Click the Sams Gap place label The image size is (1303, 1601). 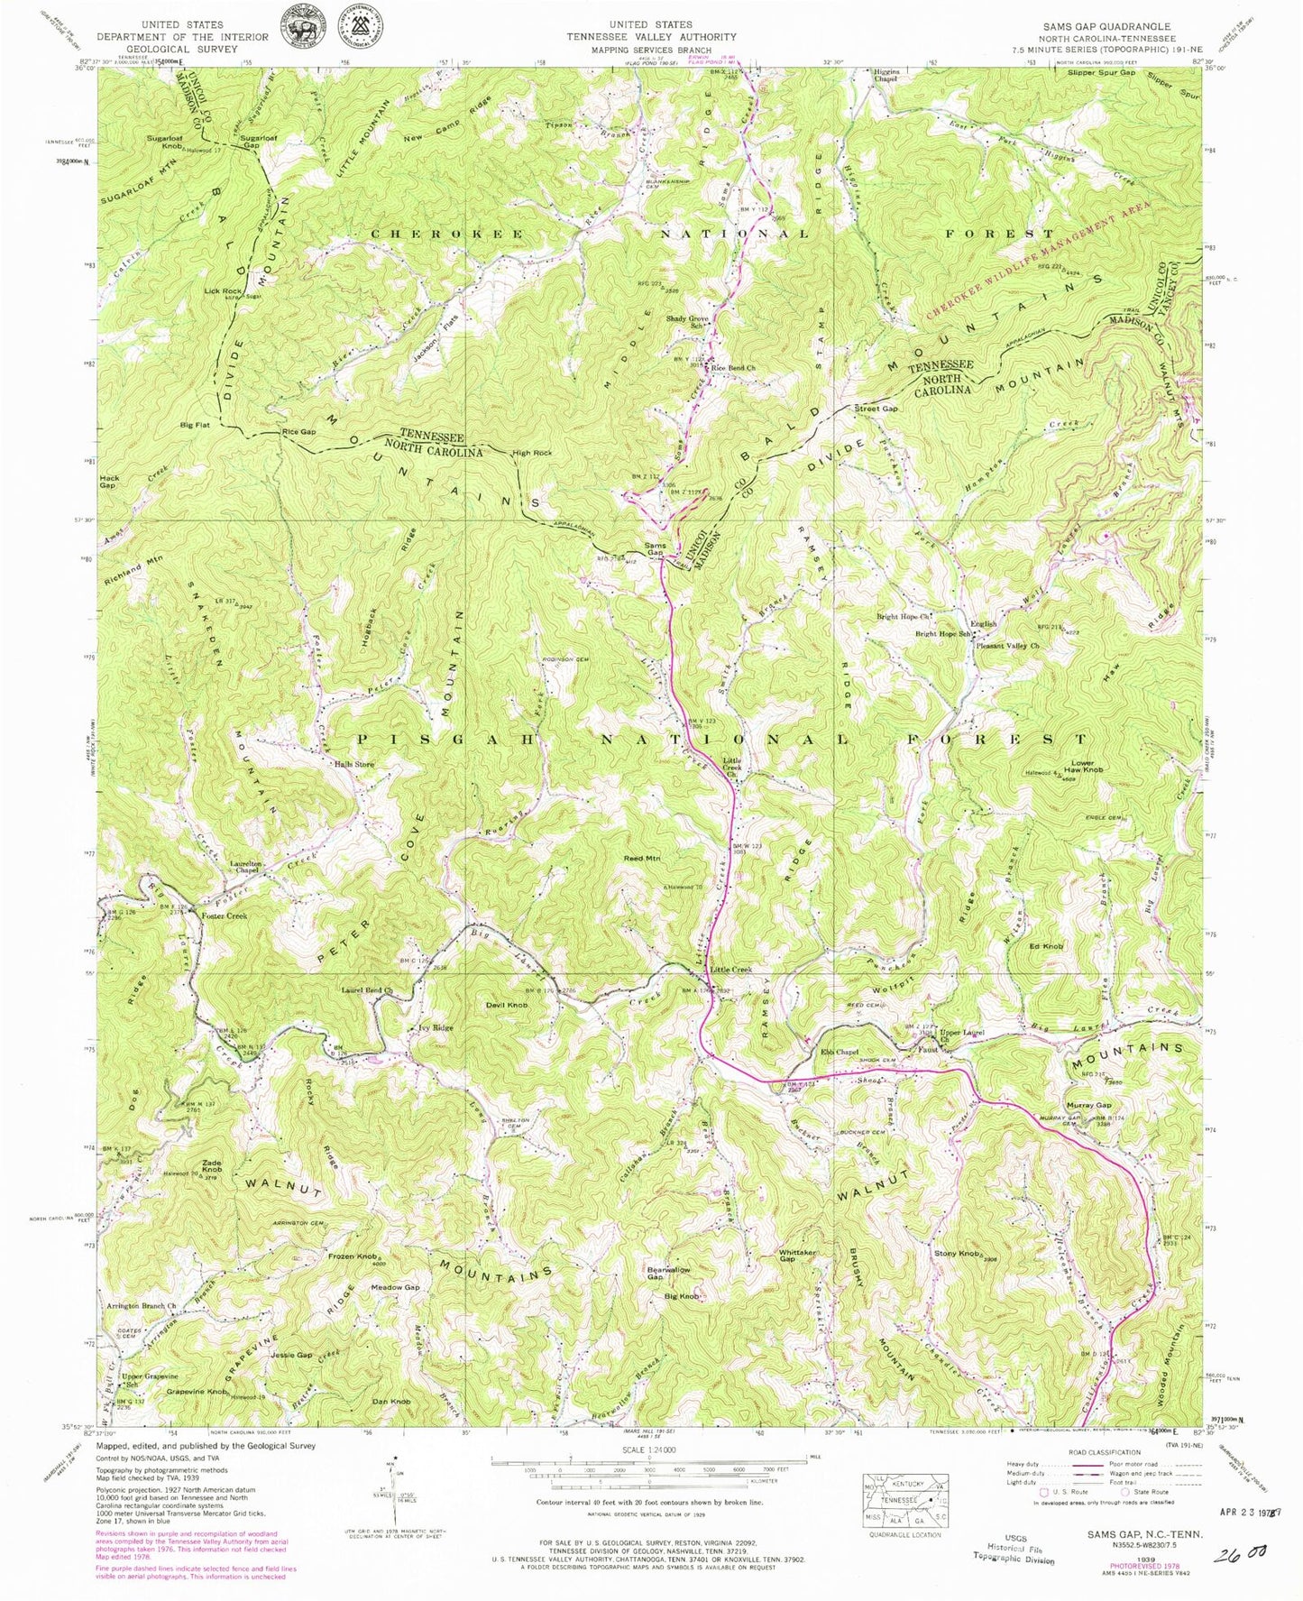(x=656, y=549)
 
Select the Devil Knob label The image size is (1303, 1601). (x=507, y=1004)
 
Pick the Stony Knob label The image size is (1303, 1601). (x=958, y=1254)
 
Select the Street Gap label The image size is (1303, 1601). (x=876, y=409)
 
